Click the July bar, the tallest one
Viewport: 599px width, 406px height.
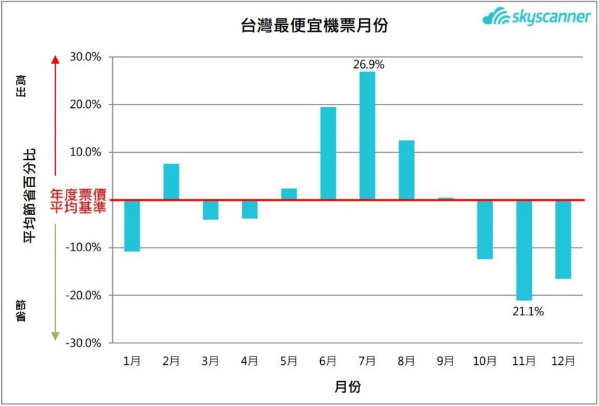(367, 136)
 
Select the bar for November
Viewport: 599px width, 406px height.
(524, 250)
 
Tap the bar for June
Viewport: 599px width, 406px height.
(328, 154)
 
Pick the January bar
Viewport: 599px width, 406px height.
(132, 226)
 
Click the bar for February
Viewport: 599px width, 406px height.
(171, 182)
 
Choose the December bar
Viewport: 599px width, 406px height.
(563, 239)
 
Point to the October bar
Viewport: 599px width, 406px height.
(484, 230)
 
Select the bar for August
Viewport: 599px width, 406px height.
(406, 170)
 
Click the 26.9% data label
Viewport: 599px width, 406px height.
(368, 64)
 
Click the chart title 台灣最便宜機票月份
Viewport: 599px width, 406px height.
(314, 25)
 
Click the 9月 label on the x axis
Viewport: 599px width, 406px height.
(445, 361)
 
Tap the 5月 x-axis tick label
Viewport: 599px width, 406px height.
(288, 361)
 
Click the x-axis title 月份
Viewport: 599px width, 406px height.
(347, 386)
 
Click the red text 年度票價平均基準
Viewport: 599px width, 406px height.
(79, 200)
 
